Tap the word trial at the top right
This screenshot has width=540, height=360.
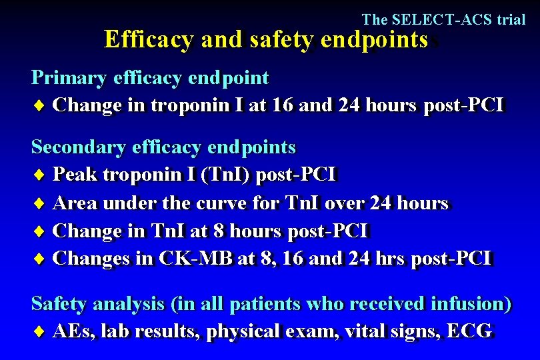click(x=511, y=19)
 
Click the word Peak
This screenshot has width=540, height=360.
click(x=74, y=175)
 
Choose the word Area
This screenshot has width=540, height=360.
click(x=75, y=202)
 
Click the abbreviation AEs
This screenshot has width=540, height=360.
click(x=75, y=331)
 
